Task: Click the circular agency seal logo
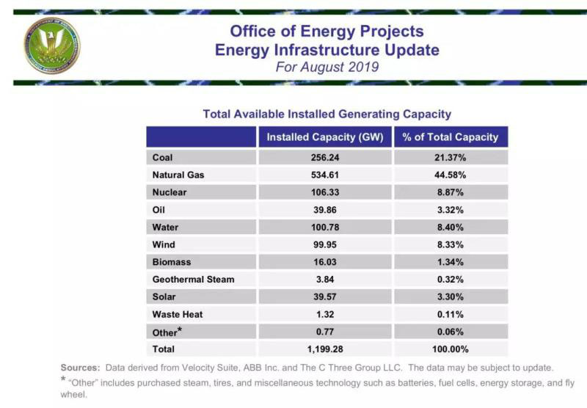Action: (x=51, y=46)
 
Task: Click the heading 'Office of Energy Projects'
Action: (x=327, y=32)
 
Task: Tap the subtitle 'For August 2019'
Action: (x=327, y=67)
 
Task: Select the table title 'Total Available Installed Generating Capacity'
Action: (x=327, y=114)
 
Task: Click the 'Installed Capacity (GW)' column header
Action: (x=325, y=137)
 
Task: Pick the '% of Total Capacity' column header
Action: (x=451, y=137)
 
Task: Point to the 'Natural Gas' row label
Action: (x=178, y=175)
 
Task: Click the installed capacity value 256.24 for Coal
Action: (x=325, y=158)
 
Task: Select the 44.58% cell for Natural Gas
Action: (x=451, y=175)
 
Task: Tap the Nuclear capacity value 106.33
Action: (x=325, y=192)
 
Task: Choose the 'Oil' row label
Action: (x=159, y=210)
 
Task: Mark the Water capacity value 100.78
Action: (x=325, y=227)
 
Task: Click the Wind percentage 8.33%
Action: (x=451, y=244)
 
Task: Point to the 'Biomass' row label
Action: (x=172, y=262)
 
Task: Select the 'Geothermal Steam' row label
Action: (x=193, y=280)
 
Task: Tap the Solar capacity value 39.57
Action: (x=325, y=296)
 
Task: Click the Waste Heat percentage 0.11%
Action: (x=451, y=314)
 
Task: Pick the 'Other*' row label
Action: (x=167, y=332)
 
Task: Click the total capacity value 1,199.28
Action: (x=325, y=349)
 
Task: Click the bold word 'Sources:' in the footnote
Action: (x=81, y=367)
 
